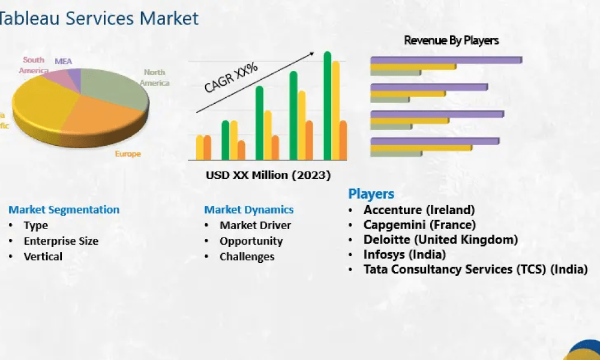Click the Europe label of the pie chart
click(x=128, y=154)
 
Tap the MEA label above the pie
click(x=63, y=61)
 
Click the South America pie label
click(x=34, y=65)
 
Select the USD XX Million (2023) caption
click(x=268, y=176)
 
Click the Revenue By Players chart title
click(x=451, y=41)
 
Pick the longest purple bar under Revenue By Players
click(x=446, y=59)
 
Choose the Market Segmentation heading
click(x=64, y=210)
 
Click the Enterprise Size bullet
click(x=61, y=241)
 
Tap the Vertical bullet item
click(x=43, y=257)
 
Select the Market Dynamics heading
click(x=249, y=210)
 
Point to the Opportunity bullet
click(x=251, y=241)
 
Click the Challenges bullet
click(x=247, y=257)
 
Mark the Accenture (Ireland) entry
click(x=419, y=210)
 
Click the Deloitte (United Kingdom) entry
click(x=440, y=239)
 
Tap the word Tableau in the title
click(x=26, y=18)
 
